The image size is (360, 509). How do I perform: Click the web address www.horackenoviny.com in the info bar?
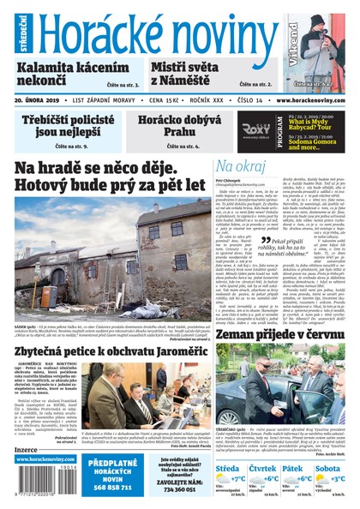point(309,100)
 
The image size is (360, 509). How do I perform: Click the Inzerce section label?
point(26,448)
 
